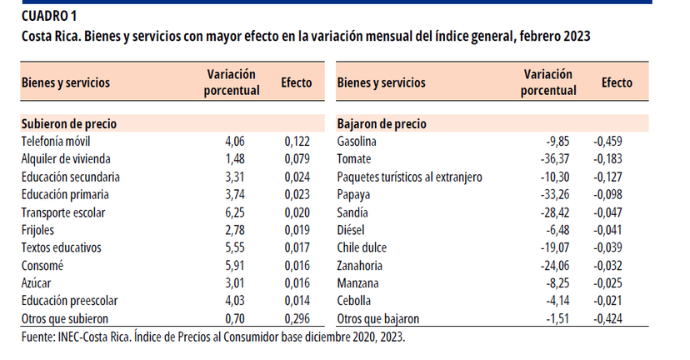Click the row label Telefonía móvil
(x=55, y=141)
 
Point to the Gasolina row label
(x=357, y=141)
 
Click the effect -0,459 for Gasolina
(x=607, y=141)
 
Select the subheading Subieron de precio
(x=68, y=123)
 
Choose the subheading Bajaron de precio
(x=382, y=123)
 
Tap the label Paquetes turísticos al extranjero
(x=409, y=177)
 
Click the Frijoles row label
(x=39, y=230)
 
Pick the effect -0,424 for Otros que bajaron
(x=607, y=319)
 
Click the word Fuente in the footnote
(x=38, y=337)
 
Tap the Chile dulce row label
(x=362, y=247)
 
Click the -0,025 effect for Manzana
(x=607, y=283)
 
